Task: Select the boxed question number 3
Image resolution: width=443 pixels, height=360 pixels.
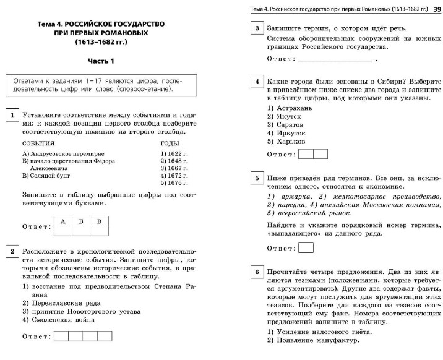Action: pyautogui.click(x=256, y=28)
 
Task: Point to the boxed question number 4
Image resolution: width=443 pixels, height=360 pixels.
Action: pyautogui.click(x=256, y=82)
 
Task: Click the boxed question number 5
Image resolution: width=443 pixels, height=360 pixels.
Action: pyautogui.click(x=256, y=178)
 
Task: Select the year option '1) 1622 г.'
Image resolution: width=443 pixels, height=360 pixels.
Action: pyautogui.click(x=174, y=153)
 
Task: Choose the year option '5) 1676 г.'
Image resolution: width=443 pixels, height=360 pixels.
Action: pyautogui.click(x=174, y=183)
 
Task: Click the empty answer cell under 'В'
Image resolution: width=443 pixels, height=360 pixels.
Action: pyautogui.click(x=98, y=231)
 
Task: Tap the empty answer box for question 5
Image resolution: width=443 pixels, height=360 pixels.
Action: pyautogui.click(x=306, y=248)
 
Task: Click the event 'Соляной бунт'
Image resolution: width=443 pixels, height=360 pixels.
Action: pyautogui.click(x=53, y=176)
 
